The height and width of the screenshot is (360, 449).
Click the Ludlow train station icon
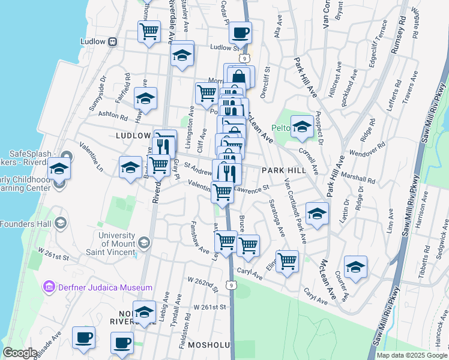point(112,42)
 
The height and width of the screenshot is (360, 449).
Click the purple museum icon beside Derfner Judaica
point(49,287)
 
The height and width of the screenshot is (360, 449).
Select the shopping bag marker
point(238,77)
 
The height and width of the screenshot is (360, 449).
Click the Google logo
point(20,353)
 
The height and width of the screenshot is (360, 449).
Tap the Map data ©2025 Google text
point(412,355)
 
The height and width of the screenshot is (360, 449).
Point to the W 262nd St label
point(201,281)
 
